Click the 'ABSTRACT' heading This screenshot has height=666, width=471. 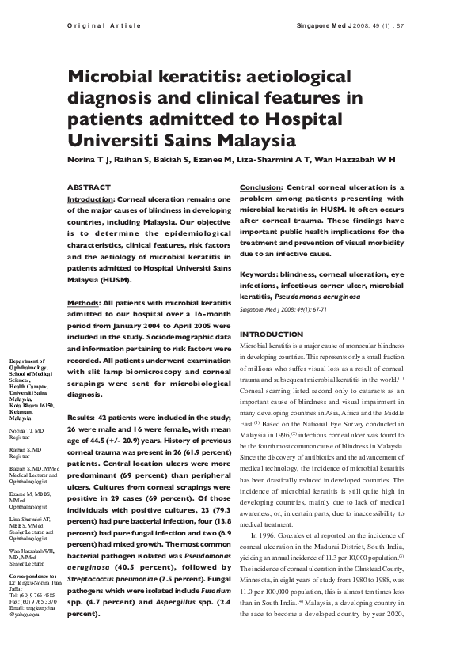[89, 187]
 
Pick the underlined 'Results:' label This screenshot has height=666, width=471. [82, 417]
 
